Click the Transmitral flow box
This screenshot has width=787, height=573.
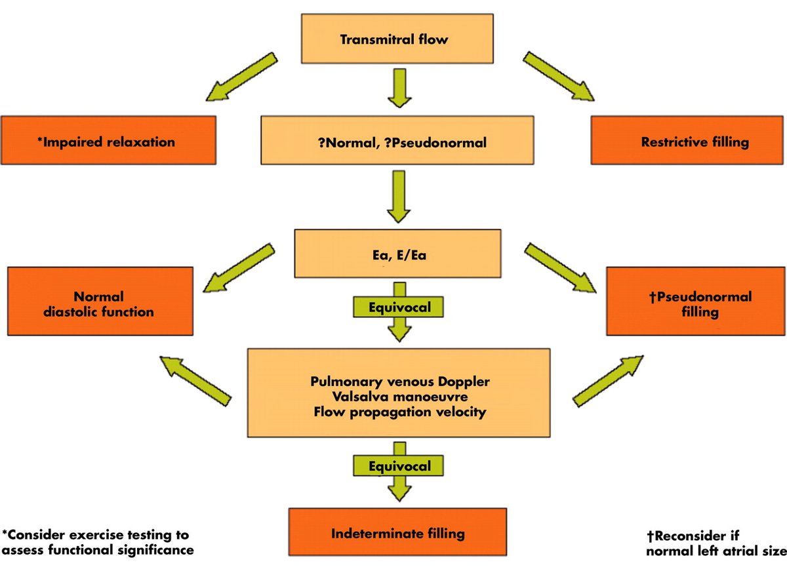[393, 39]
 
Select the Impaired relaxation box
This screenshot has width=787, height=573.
[108, 140]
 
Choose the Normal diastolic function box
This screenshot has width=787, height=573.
[99, 304]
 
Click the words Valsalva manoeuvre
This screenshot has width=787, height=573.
[399, 396]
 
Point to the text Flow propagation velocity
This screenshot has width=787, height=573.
[399, 412]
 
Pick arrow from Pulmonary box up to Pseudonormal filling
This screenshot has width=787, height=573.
[607, 381]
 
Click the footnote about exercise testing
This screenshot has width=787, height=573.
[98, 542]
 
